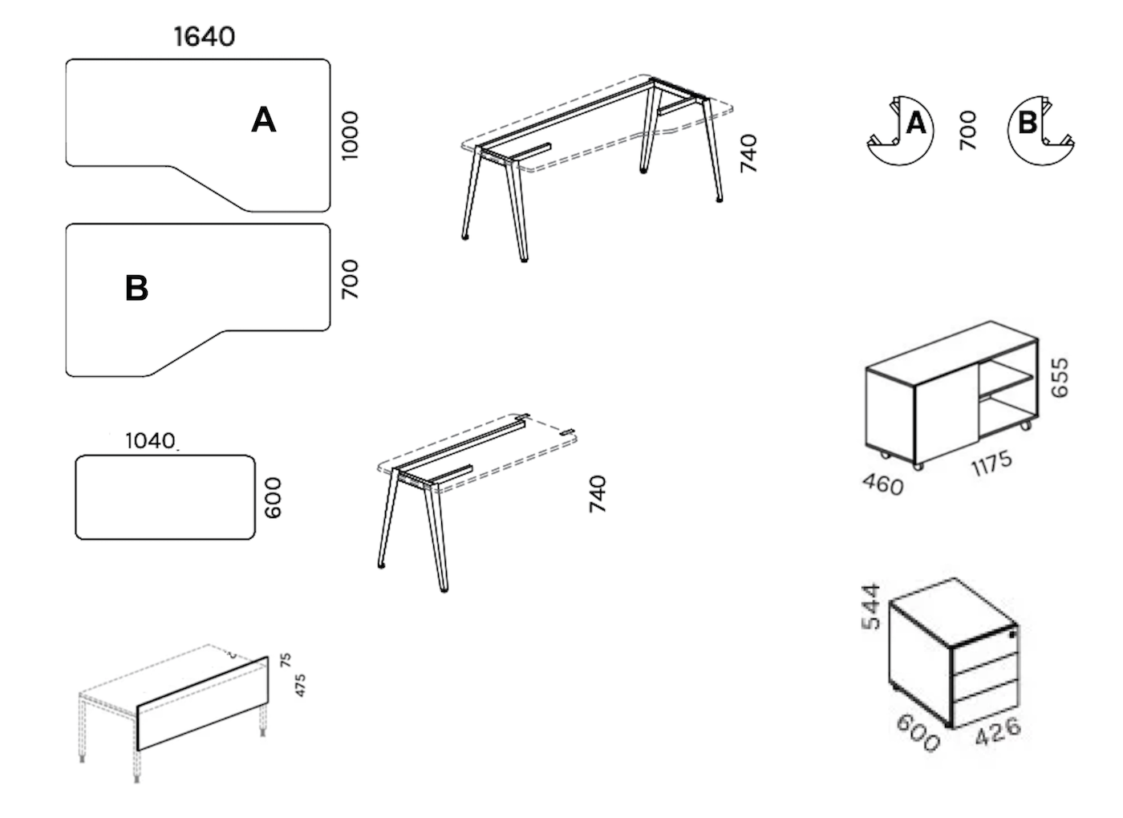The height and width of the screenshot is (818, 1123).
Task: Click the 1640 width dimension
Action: pos(205,37)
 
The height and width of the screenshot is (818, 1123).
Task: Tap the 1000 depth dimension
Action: pos(350,136)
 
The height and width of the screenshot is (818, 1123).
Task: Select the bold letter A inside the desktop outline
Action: pos(264,119)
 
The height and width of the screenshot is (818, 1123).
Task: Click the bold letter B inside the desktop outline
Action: pos(136,288)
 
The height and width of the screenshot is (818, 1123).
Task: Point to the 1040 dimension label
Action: pos(151,441)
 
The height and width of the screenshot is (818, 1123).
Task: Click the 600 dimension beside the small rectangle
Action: pos(274,498)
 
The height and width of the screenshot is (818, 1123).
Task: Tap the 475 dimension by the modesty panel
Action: pos(300,686)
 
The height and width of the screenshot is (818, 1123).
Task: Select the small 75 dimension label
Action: pos(286,659)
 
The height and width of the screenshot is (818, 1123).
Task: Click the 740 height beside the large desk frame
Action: pos(748,153)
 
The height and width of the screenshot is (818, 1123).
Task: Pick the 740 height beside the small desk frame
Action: pos(597,494)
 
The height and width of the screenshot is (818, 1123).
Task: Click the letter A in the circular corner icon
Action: pos(916,123)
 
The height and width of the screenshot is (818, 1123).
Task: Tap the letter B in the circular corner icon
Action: pos(1028,122)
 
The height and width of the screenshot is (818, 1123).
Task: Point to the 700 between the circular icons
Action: pos(967,131)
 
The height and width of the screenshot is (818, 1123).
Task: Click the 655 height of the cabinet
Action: pos(1060,378)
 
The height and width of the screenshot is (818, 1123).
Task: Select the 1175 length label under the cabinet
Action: pos(991,464)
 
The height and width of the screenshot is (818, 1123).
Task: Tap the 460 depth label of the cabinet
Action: pos(883,484)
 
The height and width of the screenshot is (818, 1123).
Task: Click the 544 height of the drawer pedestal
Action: pos(871,606)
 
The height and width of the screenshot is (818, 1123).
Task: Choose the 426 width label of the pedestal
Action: pos(998,731)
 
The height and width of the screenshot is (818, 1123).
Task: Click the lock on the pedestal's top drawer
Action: pos(1012,634)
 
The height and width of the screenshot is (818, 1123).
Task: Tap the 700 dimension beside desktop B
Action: pos(350,280)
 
